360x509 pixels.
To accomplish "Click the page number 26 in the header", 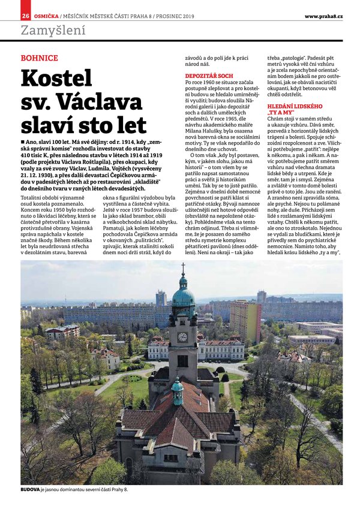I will (x=26, y=16).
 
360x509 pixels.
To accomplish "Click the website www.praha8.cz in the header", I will (x=323, y=16).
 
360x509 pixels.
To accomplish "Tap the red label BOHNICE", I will (x=39, y=58).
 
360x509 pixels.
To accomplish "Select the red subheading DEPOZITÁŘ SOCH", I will (x=209, y=77).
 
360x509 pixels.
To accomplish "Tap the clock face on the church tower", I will (x=182, y=337).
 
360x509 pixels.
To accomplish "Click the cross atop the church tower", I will (x=183, y=268).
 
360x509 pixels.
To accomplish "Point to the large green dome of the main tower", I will (x=183, y=295).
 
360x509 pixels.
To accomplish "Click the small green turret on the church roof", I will (x=177, y=386).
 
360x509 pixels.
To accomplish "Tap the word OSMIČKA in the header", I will (x=46, y=16).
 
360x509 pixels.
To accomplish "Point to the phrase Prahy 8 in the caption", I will (x=121, y=490).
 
